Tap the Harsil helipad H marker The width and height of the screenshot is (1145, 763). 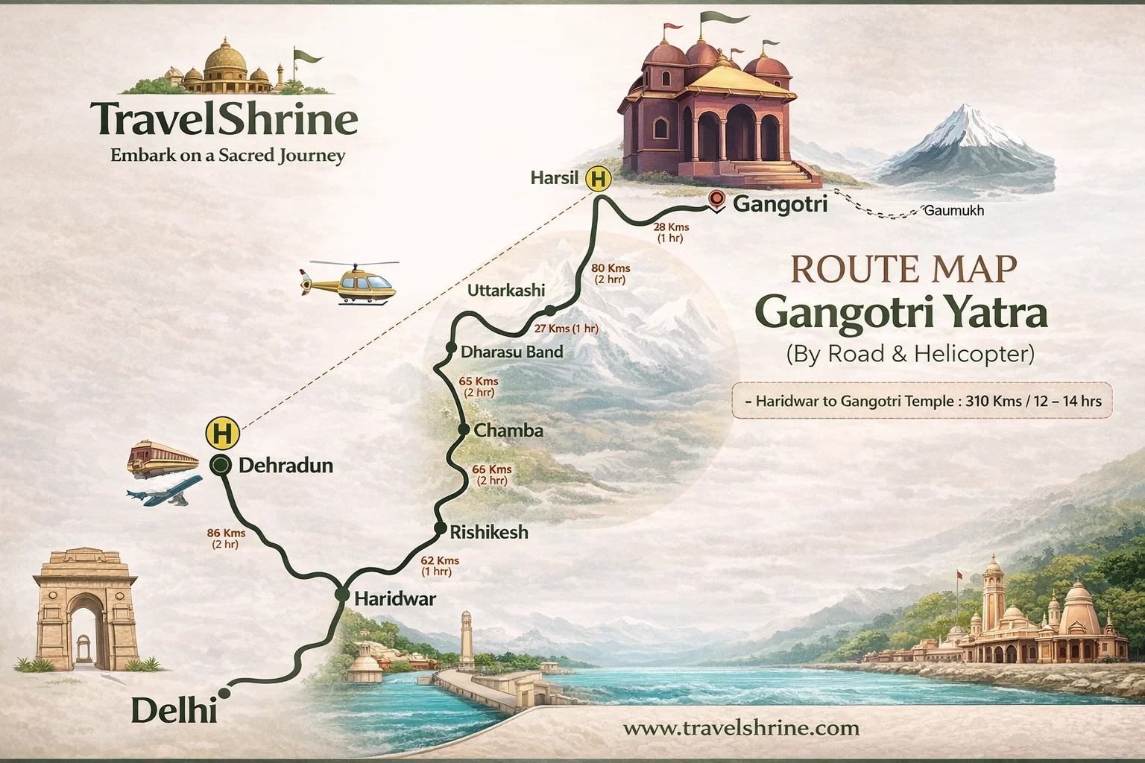(597, 179)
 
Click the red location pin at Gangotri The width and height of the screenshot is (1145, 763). (716, 200)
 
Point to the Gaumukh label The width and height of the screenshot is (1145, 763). (953, 211)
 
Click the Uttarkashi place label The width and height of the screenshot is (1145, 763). (506, 291)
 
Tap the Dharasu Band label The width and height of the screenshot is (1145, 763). (512, 352)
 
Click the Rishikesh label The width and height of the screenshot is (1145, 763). (489, 532)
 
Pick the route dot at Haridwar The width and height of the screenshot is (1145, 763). (342, 595)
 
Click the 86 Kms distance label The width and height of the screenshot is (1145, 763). (225, 534)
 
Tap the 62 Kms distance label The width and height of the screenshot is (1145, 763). (439, 560)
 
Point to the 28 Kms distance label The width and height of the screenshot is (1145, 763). (671, 227)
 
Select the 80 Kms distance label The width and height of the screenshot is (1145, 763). (610, 268)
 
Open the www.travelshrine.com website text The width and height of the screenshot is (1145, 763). (740, 727)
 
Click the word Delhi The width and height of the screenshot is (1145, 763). (174, 710)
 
